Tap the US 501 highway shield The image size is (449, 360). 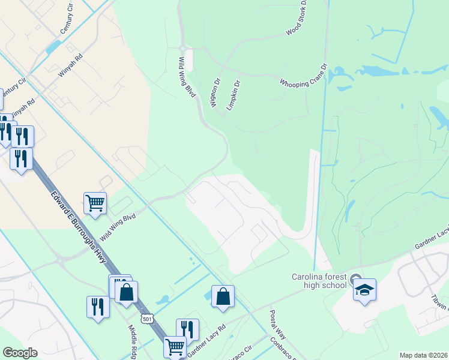point(147,319)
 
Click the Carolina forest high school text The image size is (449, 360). point(319,280)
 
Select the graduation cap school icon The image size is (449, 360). point(364,290)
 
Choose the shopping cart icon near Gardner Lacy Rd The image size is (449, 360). point(175,346)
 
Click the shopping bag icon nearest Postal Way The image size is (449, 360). point(223,296)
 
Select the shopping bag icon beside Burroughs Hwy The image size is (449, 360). point(126,292)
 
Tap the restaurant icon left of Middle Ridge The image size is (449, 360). point(98,307)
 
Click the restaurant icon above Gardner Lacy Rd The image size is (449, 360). point(187,329)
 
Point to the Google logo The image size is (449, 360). point(20,353)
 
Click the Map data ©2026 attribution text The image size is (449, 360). point(423,355)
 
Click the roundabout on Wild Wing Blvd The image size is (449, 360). point(183,49)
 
